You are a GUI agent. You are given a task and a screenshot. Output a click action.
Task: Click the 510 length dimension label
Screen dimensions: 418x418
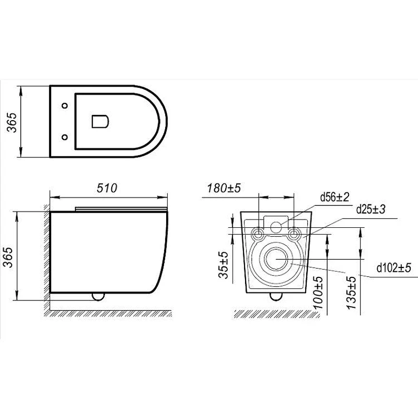point(107,188)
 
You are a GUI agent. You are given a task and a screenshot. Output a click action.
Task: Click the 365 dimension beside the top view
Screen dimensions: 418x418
point(11,123)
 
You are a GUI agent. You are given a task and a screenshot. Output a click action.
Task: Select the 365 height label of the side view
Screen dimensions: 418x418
point(8,257)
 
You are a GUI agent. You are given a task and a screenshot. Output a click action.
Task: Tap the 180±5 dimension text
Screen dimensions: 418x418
point(224,188)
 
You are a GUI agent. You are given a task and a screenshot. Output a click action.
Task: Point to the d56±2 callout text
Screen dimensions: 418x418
point(334,198)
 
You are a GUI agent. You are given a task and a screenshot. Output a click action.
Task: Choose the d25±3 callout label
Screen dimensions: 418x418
point(371,210)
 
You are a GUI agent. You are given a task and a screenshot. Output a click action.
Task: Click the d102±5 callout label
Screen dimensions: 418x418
point(394,268)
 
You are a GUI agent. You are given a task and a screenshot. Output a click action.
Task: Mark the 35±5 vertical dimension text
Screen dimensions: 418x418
point(224,265)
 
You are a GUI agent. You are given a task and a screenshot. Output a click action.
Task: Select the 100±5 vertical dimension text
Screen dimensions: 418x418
point(318,293)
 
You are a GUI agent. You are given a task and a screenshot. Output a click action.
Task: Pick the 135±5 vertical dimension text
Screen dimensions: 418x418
point(351,293)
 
